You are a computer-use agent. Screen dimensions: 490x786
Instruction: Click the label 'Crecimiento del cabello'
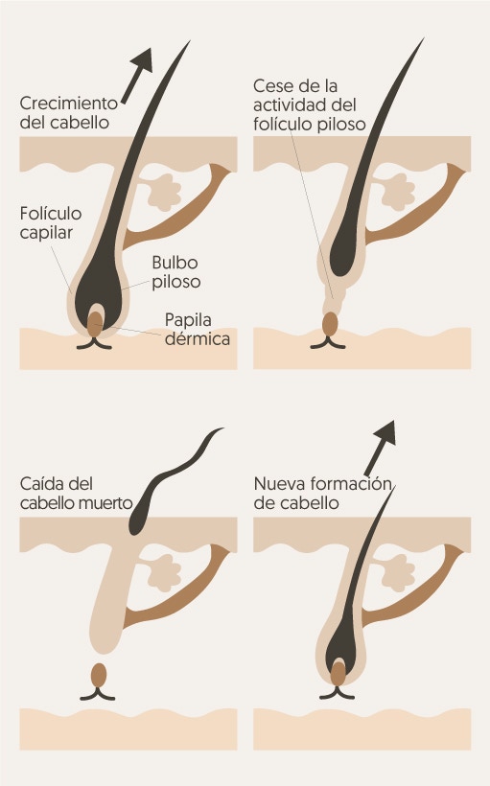(x=69, y=113)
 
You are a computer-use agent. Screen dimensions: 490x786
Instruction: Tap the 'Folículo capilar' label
(x=51, y=222)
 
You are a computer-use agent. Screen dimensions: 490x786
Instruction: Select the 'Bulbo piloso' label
(x=176, y=272)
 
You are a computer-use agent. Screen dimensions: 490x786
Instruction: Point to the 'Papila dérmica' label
(x=198, y=330)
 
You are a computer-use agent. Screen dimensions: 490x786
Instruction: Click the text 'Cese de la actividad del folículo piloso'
(x=310, y=104)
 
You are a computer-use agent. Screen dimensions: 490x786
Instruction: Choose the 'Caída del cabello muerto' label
(x=77, y=494)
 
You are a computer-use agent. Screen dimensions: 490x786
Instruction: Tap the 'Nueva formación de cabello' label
(x=322, y=494)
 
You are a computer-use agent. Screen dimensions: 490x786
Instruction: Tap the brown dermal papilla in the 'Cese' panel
(x=330, y=324)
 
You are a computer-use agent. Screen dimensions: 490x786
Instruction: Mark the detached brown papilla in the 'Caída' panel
(x=99, y=675)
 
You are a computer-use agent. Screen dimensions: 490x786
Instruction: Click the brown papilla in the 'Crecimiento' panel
(x=95, y=324)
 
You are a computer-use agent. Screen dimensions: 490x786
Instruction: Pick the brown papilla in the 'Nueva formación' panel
(x=338, y=674)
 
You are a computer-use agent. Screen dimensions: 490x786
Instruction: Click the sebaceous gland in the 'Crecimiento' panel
(x=164, y=193)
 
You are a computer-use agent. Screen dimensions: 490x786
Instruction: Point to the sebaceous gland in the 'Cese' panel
(x=398, y=193)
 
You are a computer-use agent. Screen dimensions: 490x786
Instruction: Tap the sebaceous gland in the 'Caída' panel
(x=164, y=573)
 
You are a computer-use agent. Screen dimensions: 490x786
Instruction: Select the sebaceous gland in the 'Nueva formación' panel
(x=398, y=573)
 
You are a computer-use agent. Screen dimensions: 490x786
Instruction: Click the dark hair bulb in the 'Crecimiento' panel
(x=100, y=290)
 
